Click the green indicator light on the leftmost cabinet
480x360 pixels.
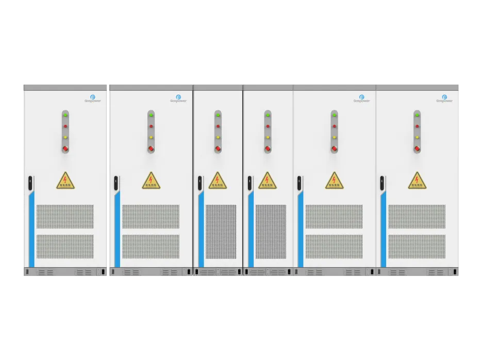(x=65, y=114)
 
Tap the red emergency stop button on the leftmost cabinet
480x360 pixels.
(x=65, y=149)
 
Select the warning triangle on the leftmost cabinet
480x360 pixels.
(x=65, y=181)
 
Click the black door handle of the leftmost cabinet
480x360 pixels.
(x=30, y=182)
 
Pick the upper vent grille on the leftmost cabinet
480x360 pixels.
(x=65, y=217)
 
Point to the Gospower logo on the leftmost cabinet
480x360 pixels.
(x=93, y=98)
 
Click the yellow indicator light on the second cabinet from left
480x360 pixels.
(x=151, y=137)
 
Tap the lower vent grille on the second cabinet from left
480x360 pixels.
(x=151, y=247)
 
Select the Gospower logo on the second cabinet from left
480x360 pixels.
(x=178, y=98)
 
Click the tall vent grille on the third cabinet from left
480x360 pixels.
(x=221, y=232)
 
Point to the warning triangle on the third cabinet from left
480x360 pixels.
(x=218, y=181)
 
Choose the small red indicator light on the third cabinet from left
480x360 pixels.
(x=218, y=126)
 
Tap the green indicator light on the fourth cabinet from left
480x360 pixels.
(x=268, y=114)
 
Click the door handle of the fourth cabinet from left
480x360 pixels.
(x=250, y=182)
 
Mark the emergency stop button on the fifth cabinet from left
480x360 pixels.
(x=335, y=149)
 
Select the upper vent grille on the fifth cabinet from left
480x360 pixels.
(x=334, y=217)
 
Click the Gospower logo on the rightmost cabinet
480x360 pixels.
(x=444, y=98)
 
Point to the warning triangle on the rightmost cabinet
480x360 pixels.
(x=417, y=181)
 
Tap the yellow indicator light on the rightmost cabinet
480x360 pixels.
(x=417, y=137)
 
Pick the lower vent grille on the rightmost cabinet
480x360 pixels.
(x=417, y=247)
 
